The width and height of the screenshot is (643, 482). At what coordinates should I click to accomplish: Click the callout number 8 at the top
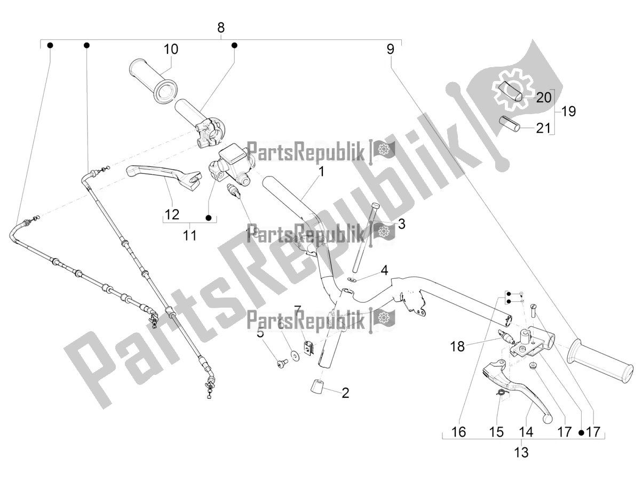[x=221, y=27]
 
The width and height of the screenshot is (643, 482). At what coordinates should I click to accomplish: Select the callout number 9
[x=391, y=50]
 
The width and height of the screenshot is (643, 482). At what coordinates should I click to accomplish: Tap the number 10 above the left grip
[x=171, y=50]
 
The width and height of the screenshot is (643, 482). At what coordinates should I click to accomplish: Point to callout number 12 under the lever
[x=172, y=214]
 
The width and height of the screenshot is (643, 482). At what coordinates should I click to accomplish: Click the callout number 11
[x=190, y=235]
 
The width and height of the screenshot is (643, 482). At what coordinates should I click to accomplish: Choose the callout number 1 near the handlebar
[x=322, y=172]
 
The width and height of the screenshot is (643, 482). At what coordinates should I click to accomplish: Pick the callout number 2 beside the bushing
[x=345, y=393]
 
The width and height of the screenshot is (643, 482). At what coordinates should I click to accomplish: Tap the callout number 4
[x=384, y=271]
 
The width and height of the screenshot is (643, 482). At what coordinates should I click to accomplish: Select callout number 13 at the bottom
[x=521, y=452]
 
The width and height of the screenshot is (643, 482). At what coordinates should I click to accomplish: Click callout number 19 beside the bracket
[x=568, y=111]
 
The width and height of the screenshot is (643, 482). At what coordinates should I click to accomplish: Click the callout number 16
[x=458, y=431]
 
